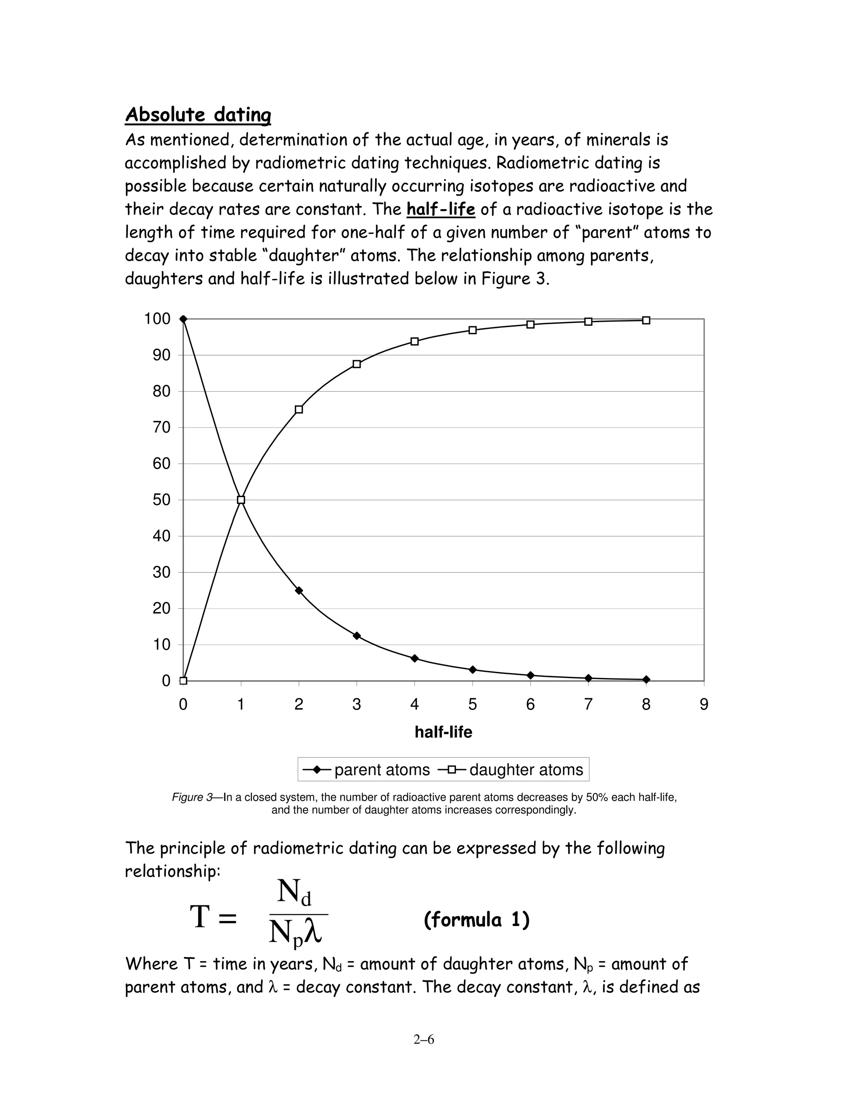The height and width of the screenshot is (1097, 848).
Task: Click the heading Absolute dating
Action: point(198,115)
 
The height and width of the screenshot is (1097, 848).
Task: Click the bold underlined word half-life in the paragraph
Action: point(441,209)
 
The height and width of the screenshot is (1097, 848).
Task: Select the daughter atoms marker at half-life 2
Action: point(299,409)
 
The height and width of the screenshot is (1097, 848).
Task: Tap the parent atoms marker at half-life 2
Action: point(299,590)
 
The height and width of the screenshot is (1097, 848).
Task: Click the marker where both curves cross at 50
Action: point(241,500)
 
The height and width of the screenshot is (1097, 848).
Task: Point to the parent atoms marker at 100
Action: point(183,319)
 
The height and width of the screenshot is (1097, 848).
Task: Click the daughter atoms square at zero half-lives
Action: point(183,681)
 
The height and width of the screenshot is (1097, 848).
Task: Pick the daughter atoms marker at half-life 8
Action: point(646,320)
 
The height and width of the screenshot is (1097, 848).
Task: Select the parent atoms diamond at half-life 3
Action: point(357,635)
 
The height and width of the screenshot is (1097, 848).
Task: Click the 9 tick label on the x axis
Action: point(704,705)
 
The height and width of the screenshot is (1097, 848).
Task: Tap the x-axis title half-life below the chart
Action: point(443,732)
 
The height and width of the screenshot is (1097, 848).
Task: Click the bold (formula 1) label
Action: point(477,920)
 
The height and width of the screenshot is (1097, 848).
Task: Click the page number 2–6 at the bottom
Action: point(424,1040)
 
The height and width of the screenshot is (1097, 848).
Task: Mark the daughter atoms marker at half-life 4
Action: point(414,342)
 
